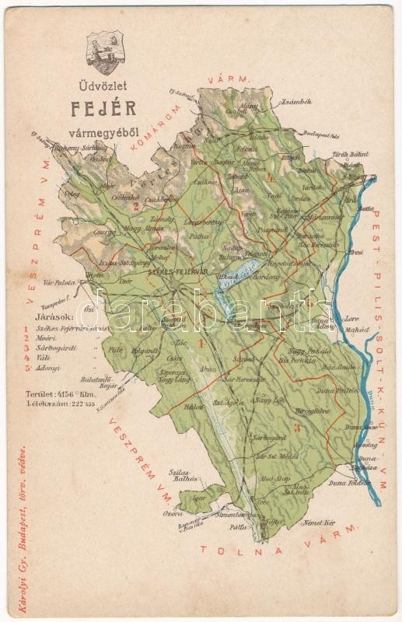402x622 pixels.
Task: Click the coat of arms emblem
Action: click(104, 52)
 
